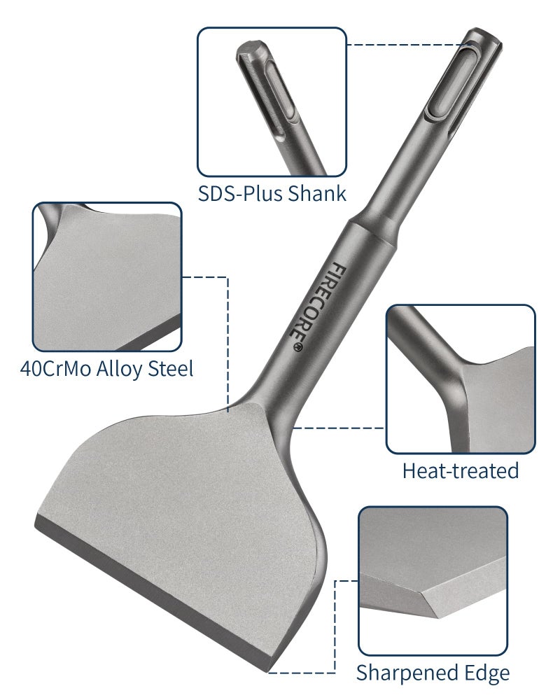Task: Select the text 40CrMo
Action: click(x=57, y=367)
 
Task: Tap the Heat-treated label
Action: click(x=460, y=470)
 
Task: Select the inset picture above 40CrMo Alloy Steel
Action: click(x=106, y=276)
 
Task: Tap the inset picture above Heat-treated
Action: click(x=460, y=378)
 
